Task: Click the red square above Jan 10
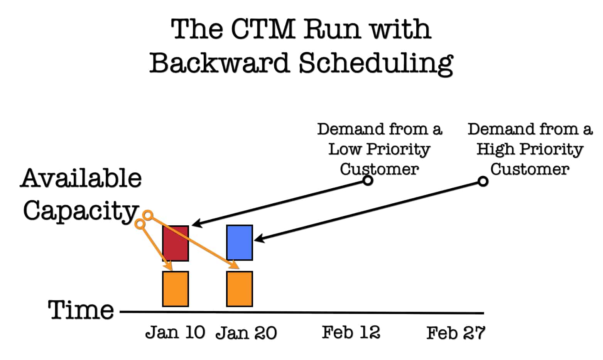(176, 243)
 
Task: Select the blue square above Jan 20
(240, 243)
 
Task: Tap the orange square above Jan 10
(176, 289)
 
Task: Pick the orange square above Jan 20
(240, 289)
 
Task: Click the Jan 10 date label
(175, 332)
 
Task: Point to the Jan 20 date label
(246, 333)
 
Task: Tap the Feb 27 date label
(456, 333)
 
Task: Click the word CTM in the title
(263, 29)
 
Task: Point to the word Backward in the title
(220, 63)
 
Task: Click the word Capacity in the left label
(81, 211)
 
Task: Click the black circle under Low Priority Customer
(368, 181)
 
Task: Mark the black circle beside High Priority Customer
(483, 181)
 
